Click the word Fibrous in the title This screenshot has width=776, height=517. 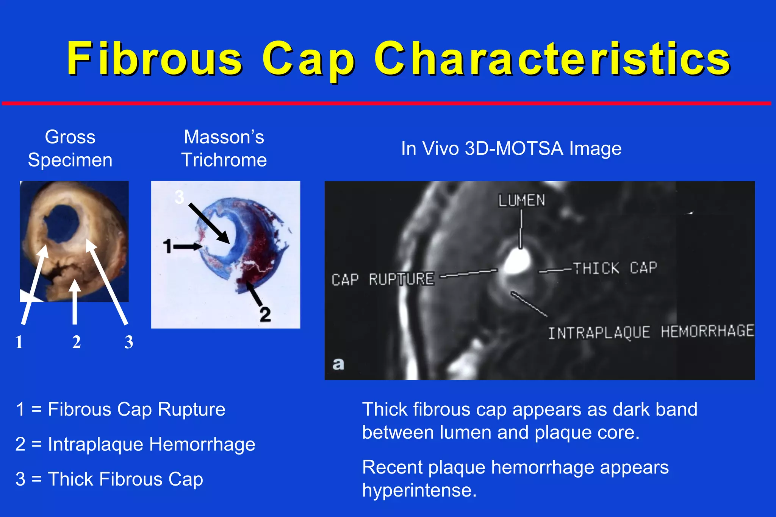[155, 59]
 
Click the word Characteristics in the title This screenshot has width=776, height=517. [552, 59]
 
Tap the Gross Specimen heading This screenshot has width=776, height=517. [70, 148]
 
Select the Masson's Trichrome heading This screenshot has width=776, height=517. [224, 148]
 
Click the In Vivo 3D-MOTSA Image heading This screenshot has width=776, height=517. [511, 148]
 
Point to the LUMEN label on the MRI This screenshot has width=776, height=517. [521, 201]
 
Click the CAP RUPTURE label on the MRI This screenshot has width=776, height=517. [383, 280]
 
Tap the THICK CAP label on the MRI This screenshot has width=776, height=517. [615, 268]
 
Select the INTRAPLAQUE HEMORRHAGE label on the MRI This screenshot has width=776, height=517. [651, 332]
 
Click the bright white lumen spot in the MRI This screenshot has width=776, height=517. [517, 262]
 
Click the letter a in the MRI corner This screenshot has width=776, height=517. [338, 364]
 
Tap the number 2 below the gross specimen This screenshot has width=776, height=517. [77, 342]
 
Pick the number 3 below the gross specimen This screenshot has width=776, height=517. [129, 342]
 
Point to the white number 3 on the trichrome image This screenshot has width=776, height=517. [179, 197]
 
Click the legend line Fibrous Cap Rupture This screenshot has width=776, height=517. [120, 410]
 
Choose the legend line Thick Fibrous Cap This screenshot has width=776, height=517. [109, 479]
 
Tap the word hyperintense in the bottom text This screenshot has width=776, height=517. [419, 491]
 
